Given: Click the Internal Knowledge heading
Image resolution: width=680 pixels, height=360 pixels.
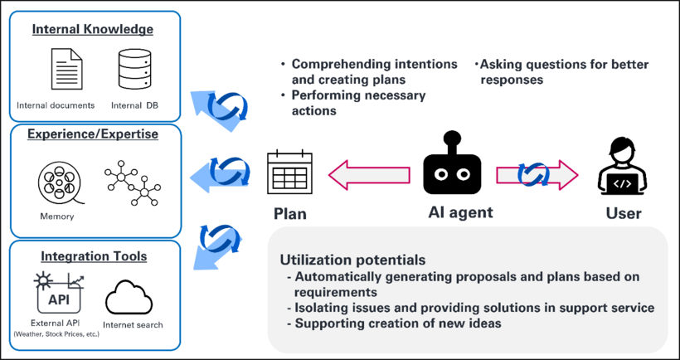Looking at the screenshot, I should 93,30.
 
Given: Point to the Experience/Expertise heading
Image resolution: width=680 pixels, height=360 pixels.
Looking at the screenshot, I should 93,134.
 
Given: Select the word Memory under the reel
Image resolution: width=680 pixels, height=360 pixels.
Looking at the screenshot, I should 56,216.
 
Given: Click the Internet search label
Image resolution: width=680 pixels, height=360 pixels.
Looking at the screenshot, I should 132,324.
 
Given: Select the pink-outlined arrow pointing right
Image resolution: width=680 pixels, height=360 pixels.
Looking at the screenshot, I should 537,174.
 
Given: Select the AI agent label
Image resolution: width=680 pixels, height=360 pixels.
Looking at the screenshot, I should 460,212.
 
